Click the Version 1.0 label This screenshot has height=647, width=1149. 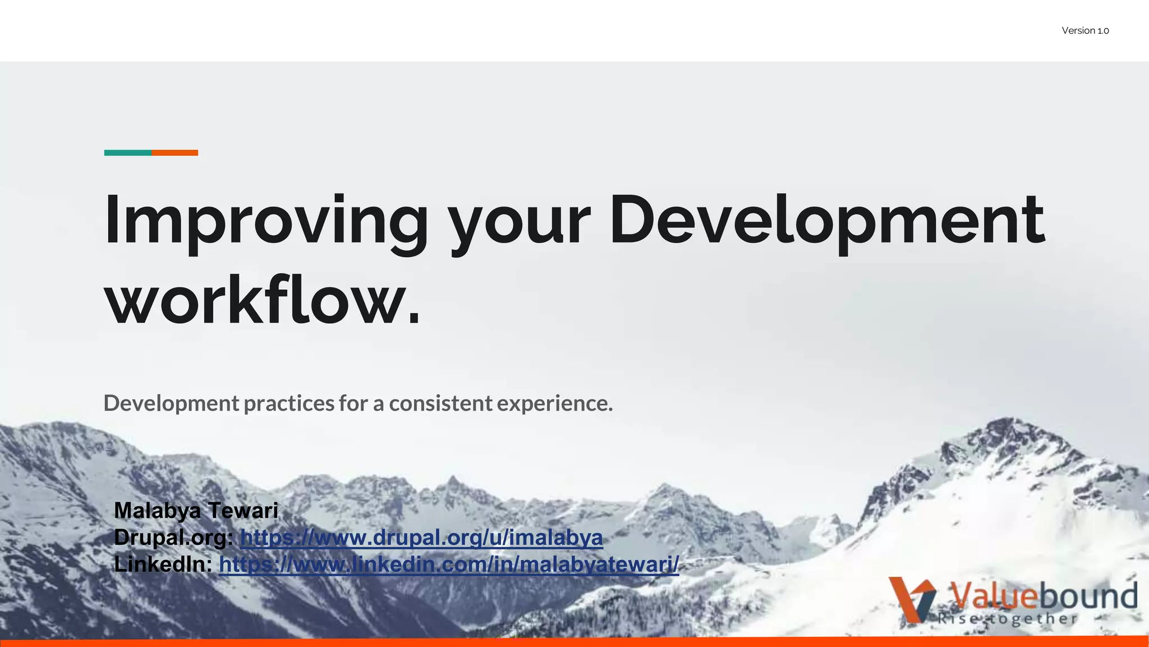[x=1085, y=31]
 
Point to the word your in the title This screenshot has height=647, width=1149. [x=520, y=222]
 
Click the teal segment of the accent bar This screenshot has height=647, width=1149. [x=128, y=153]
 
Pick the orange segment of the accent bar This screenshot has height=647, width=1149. [x=174, y=153]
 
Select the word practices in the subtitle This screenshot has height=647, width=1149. [x=289, y=404]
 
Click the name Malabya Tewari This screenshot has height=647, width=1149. [x=196, y=511]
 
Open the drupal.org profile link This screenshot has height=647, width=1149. [x=421, y=537]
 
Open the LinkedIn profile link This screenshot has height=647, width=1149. [x=449, y=564]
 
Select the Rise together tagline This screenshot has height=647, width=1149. [x=1007, y=619]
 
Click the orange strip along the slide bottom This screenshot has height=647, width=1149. [x=574, y=642]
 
